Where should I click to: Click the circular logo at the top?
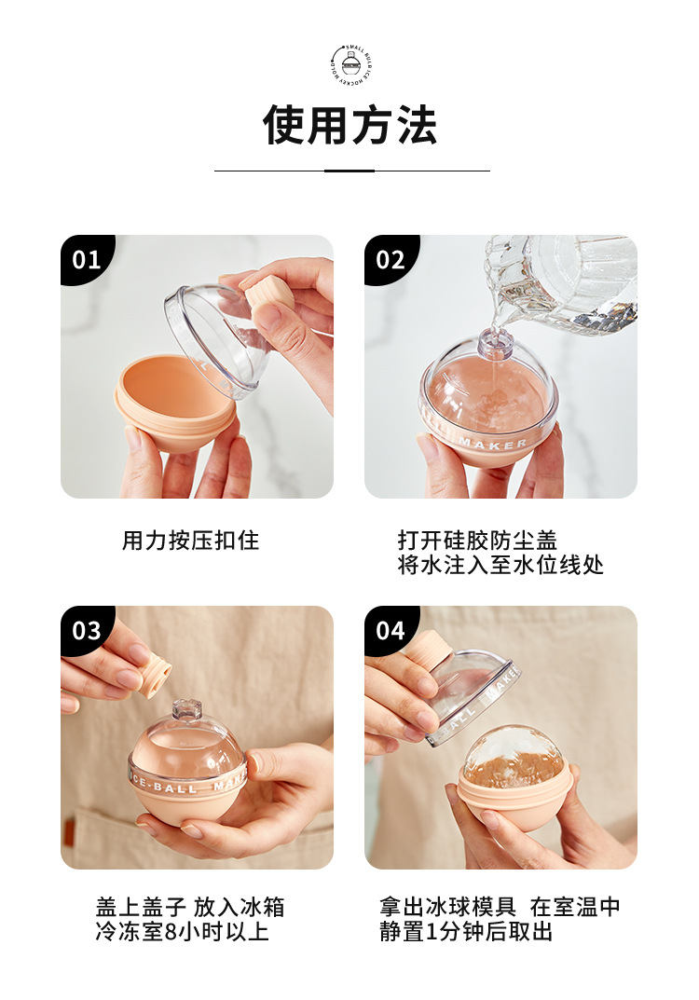coord(349,64)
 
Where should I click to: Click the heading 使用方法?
coord(349,125)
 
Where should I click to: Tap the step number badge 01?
coord(86,259)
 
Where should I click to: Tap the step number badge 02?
coord(390,259)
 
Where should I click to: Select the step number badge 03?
coord(86,630)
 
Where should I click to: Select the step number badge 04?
coord(390,630)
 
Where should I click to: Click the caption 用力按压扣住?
coord(190,541)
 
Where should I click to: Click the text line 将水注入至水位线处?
coord(500,565)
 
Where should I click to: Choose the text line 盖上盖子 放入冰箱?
coord(190,907)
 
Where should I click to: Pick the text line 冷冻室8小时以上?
coord(182,931)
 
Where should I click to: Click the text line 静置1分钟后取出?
coord(466,931)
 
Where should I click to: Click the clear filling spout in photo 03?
coord(187,711)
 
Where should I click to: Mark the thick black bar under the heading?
coord(349,171)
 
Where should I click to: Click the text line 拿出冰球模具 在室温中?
coord(500,907)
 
